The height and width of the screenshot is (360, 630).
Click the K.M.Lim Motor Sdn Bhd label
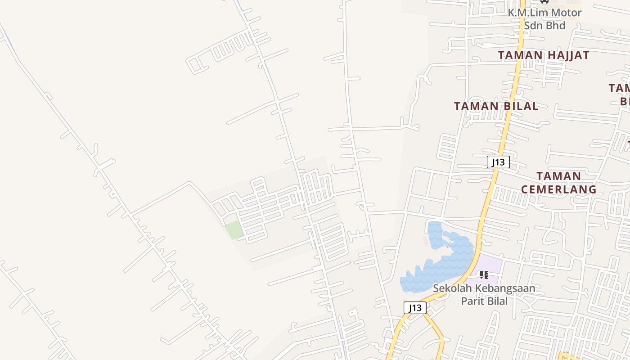(x=544, y=19)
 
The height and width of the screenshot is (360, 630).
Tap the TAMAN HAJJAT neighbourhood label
(x=544, y=55)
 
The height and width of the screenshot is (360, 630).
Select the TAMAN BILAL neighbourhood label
(x=496, y=106)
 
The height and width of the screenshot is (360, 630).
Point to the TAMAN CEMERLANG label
(x=559, y=182)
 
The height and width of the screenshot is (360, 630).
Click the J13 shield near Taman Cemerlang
(x=498, y=162)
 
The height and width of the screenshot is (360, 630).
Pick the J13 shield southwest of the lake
(x=415, y=308)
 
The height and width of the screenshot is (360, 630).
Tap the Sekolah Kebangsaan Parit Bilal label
(x=484, y=294)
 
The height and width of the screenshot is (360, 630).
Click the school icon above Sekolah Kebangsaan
(x=484, y=274)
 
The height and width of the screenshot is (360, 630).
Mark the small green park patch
(x=234, y=230)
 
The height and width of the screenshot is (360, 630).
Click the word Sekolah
(x=451, y=288)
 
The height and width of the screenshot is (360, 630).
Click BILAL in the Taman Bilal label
(x=517, y=106)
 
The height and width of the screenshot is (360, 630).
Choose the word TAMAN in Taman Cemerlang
(x=559, y=175)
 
